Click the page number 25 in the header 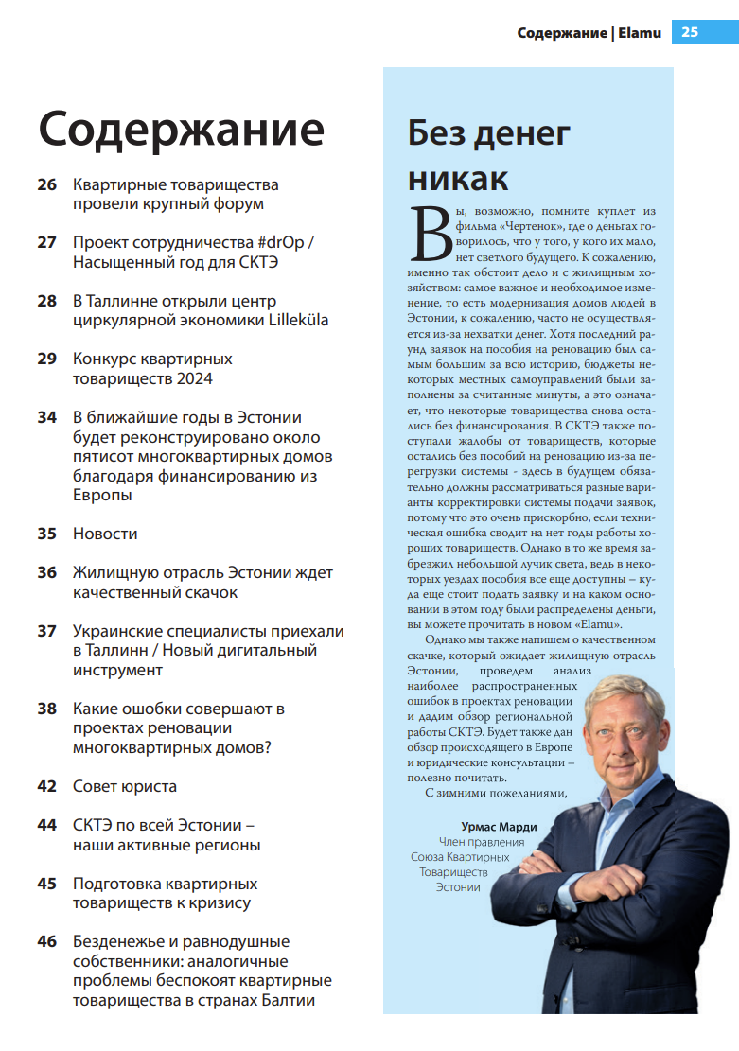tap(690, 32)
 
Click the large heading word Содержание tap(181, 129)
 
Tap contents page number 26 tap(47, 185)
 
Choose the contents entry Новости tap(105, 534)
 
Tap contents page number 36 tap(47, 573)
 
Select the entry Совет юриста tap(125, 786)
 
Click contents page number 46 tap(47, 942)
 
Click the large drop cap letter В tap(428, 234)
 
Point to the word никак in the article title tap(458, 178)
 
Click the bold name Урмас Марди tap(499, 827)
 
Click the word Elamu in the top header tap(639, 32)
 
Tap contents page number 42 tap(47, 786)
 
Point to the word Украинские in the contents tap(119, 631)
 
